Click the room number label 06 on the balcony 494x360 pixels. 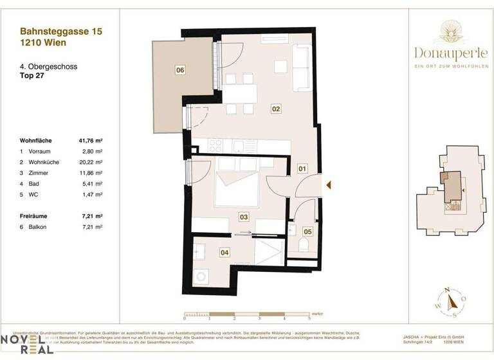pyautogui.click(x=180, y=70)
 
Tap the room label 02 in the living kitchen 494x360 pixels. pyautogui.click(x=275, y=109)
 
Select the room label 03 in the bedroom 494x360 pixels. pyautogui.click(x=244, y=217)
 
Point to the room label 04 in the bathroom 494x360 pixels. pyautogui.click(x=224, y=253)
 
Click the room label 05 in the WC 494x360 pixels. pyautogui.click(x=307, y=231)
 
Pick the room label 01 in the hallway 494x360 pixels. pyautogui.click(x=302, y=170)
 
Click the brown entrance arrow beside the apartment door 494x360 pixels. pyautogui.click(x=329, y=186)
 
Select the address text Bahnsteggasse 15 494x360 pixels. pyautogui.click(x=60, y=30)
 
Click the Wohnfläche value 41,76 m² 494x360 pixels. pyautogui.click(x=91, y=139)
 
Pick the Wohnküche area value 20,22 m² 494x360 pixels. pyautogui.click(x=91, y=163)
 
